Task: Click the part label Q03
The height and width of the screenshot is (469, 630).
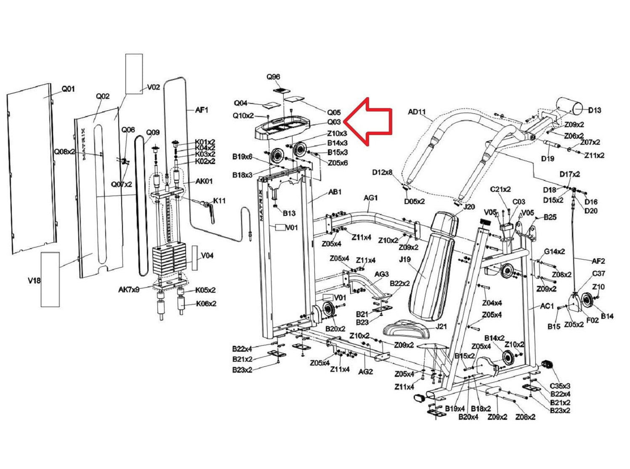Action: (334, 122)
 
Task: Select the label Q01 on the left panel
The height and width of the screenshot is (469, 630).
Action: (68, 89)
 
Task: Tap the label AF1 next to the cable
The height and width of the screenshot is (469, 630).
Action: (202, 110)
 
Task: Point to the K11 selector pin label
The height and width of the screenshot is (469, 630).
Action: (219, 201)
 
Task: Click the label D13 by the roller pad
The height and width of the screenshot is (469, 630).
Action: (594, 110)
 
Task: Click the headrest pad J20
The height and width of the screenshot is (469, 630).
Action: (445, 224)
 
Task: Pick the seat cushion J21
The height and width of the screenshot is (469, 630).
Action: (406, 329)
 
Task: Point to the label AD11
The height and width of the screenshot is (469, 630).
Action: (417, 112)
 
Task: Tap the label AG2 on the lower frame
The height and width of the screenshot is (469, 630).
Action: (365, 371)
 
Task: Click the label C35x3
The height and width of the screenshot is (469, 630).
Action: (560, 386)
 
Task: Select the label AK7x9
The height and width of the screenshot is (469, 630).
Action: (128, 289)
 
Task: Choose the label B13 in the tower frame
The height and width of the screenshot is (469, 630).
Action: (289, 213)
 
